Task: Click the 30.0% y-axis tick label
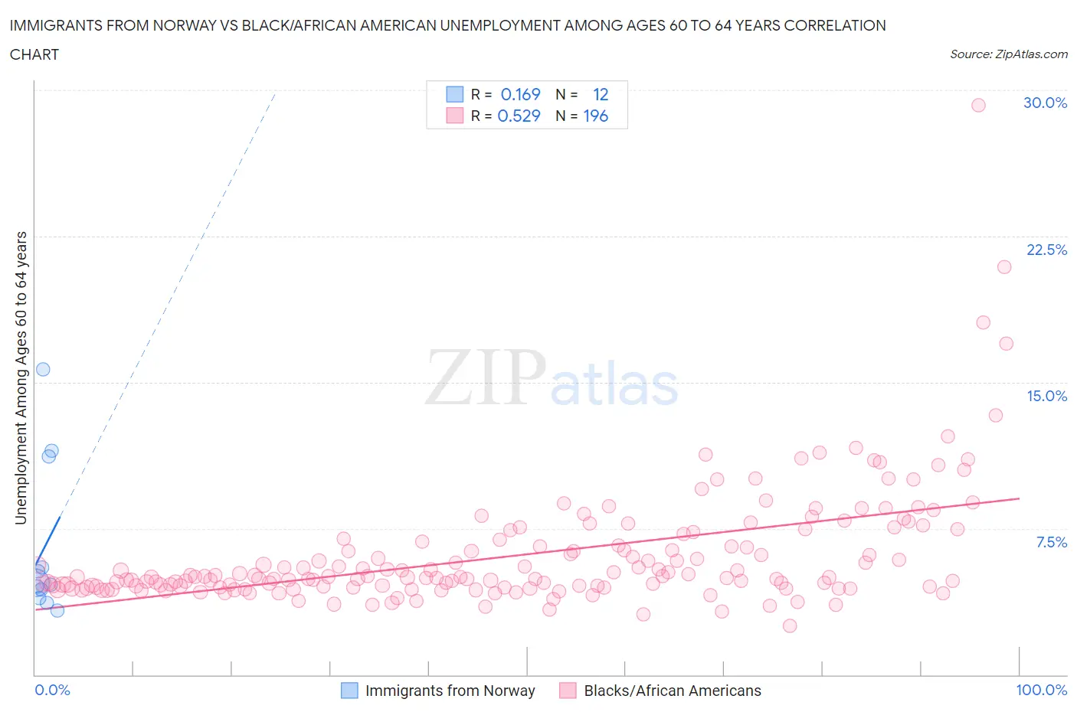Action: pos(1045,103)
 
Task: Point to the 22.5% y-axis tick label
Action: pos(1046,250)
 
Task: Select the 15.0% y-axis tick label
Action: pos(1046,396)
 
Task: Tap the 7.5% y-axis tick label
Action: pos(1051,542)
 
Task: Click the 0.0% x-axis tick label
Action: pos(52,690)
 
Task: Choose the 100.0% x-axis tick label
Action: pos(1041,690)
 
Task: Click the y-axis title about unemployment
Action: pos(21,377)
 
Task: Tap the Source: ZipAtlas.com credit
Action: pos(1008,54)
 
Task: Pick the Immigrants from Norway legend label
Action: pos(450,691)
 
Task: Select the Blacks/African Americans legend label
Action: pos(672,691)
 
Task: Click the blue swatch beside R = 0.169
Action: pos(455,94)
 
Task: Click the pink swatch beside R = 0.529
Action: pos(455,116)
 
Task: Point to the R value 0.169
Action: pos(520,94)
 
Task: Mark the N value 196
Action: pos(595,116)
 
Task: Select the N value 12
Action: pos(601,94)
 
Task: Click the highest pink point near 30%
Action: pos(978,106)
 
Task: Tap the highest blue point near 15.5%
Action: pos(43,369)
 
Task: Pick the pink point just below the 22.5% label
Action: pos(1004,267)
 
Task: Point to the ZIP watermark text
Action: pos(485,377)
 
